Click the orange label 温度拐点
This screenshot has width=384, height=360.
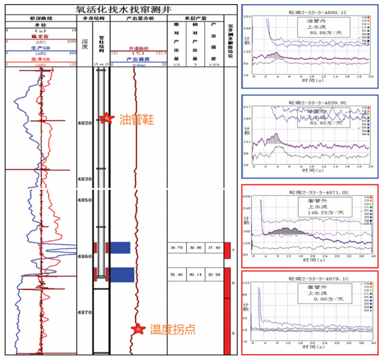click(173, 329)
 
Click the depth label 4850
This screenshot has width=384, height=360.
click(85, 200)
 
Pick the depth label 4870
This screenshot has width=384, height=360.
click(85, 312)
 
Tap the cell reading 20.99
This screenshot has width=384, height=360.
click(214, 274)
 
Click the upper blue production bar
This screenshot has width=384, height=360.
click(120, 248)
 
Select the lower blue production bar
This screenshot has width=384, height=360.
click(122, 275)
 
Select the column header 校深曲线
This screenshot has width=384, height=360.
click(41, 19)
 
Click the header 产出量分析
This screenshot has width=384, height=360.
click(139, 19)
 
